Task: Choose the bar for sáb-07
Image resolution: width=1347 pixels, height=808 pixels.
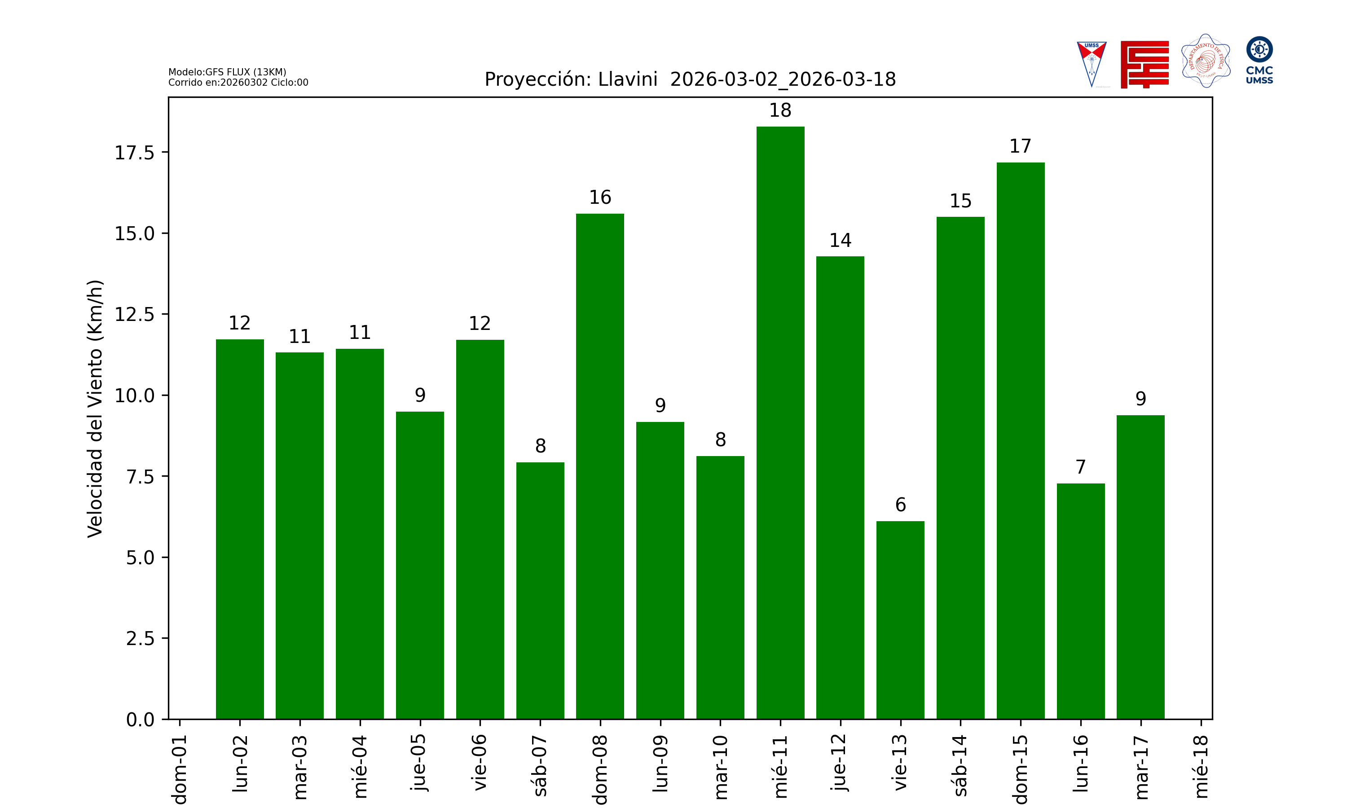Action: (540, 590)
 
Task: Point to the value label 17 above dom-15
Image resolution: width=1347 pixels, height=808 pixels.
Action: (1020, 146)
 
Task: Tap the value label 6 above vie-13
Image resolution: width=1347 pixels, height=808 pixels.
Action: (901, 505)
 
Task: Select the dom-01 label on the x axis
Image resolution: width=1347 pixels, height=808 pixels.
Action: (180, 769)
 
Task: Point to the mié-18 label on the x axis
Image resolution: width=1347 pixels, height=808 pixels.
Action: (1201, 766)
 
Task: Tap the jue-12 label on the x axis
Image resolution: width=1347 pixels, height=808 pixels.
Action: (840, 762)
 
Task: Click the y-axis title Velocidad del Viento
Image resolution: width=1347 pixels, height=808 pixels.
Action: (95, 408)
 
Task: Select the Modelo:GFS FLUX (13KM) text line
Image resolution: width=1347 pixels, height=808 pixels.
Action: (227, 72)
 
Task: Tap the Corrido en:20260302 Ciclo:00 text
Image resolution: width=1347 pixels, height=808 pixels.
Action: (238, 83)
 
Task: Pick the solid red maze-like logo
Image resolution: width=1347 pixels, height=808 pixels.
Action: (1145, 64)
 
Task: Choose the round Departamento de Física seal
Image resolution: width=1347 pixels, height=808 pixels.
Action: (1206, 61)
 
